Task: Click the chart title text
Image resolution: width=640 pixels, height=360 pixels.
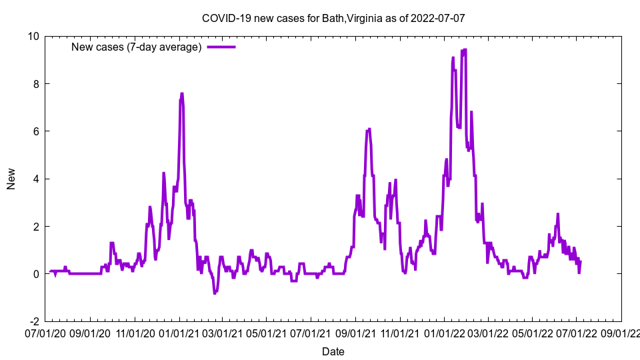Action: pyautogui.click(x=333, y=18)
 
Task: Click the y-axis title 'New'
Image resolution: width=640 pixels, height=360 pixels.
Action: pyautogui.click(x=11, y=179)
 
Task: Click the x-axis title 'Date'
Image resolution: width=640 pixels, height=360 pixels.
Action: pyautogui.click(x=333, y=351)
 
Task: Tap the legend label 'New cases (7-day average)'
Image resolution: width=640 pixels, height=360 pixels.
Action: pyautogui.click(x=137, y=47)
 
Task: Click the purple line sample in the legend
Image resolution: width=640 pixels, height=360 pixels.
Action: pyautogui.click(x=221, y=47)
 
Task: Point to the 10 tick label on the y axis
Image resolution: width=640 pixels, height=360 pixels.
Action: pyautogui.click(x=33, y=36)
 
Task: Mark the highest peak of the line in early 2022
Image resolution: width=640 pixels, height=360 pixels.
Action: pyautogui.click(x=464, y=50)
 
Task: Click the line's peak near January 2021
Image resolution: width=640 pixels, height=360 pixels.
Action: pyautogui.click(x=181, y=94)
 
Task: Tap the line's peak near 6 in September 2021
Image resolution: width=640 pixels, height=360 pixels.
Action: pyautogui.click(x=369, y=129)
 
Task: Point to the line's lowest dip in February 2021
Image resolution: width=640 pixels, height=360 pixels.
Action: pyautogui.click(x=215, y=293)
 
